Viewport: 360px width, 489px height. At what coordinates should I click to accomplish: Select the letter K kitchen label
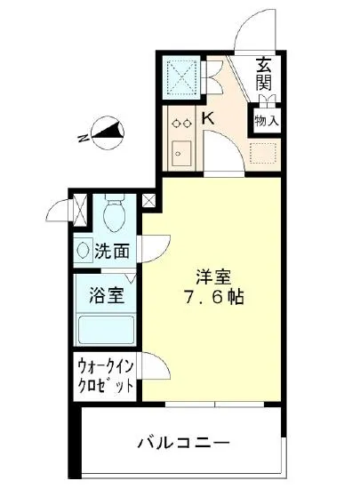tap(205, 117)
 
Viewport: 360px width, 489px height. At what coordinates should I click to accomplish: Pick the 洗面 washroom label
tap(113, 252)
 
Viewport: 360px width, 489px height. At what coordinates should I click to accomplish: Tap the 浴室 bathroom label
tap(105, 294)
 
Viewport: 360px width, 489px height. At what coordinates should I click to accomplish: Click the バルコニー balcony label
tap(184, 441)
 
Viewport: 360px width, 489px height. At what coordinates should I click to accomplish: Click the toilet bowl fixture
tap(114, 214)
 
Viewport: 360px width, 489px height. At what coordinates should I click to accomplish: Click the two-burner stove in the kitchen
tap(181, 124)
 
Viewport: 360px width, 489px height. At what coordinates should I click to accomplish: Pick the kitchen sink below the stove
tap(181, 153)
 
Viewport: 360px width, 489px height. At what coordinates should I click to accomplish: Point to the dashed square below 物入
tap(265, 155)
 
